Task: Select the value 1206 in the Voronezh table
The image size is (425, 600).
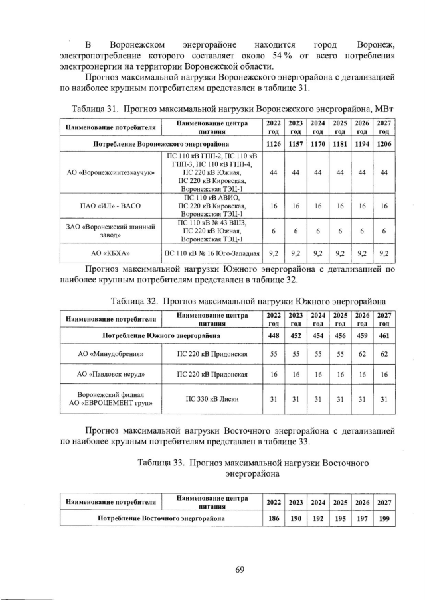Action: pos(384,143)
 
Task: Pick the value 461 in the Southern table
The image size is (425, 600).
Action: pos(384,335)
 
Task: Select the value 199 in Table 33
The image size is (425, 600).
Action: pos(384,518)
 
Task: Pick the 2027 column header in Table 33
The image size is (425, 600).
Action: pos(384,502)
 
